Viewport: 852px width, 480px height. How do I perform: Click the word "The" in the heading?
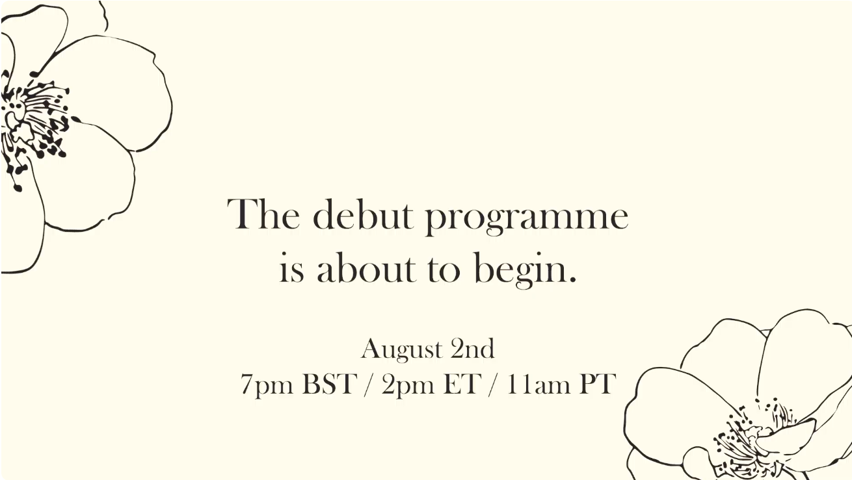coord(263,214)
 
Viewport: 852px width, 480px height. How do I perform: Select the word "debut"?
coord(363,214)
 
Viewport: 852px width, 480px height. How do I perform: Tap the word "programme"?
coord(527,219)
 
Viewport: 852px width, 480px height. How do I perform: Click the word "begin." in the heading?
coord(526,270)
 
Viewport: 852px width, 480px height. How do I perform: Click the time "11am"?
coord(539,384)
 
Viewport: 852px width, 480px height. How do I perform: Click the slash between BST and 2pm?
coord(369,385)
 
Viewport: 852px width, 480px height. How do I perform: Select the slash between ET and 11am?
coord(494,385)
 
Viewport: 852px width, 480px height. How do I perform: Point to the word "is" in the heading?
coord(292,267)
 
